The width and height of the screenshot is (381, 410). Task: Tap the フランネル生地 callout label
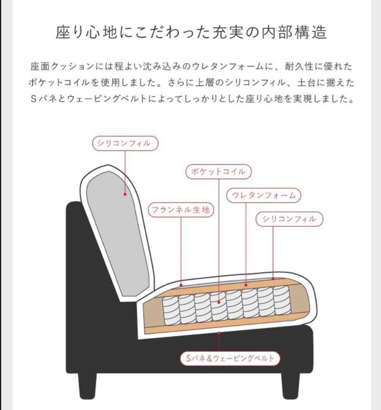click(x=181, y=210)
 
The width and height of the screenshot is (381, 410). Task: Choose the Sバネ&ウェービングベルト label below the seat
click(x=230, y=358)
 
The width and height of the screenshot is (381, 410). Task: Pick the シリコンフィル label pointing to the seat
click(x=289, y=219)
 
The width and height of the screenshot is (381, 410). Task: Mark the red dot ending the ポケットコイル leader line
click(x=219, y=303)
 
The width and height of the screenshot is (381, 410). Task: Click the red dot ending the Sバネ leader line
click(x=219, y=333)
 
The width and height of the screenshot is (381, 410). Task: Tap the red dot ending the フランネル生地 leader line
click(x=181, y=284)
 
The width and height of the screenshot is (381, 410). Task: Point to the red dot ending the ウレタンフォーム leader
click(x=246, y=284)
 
